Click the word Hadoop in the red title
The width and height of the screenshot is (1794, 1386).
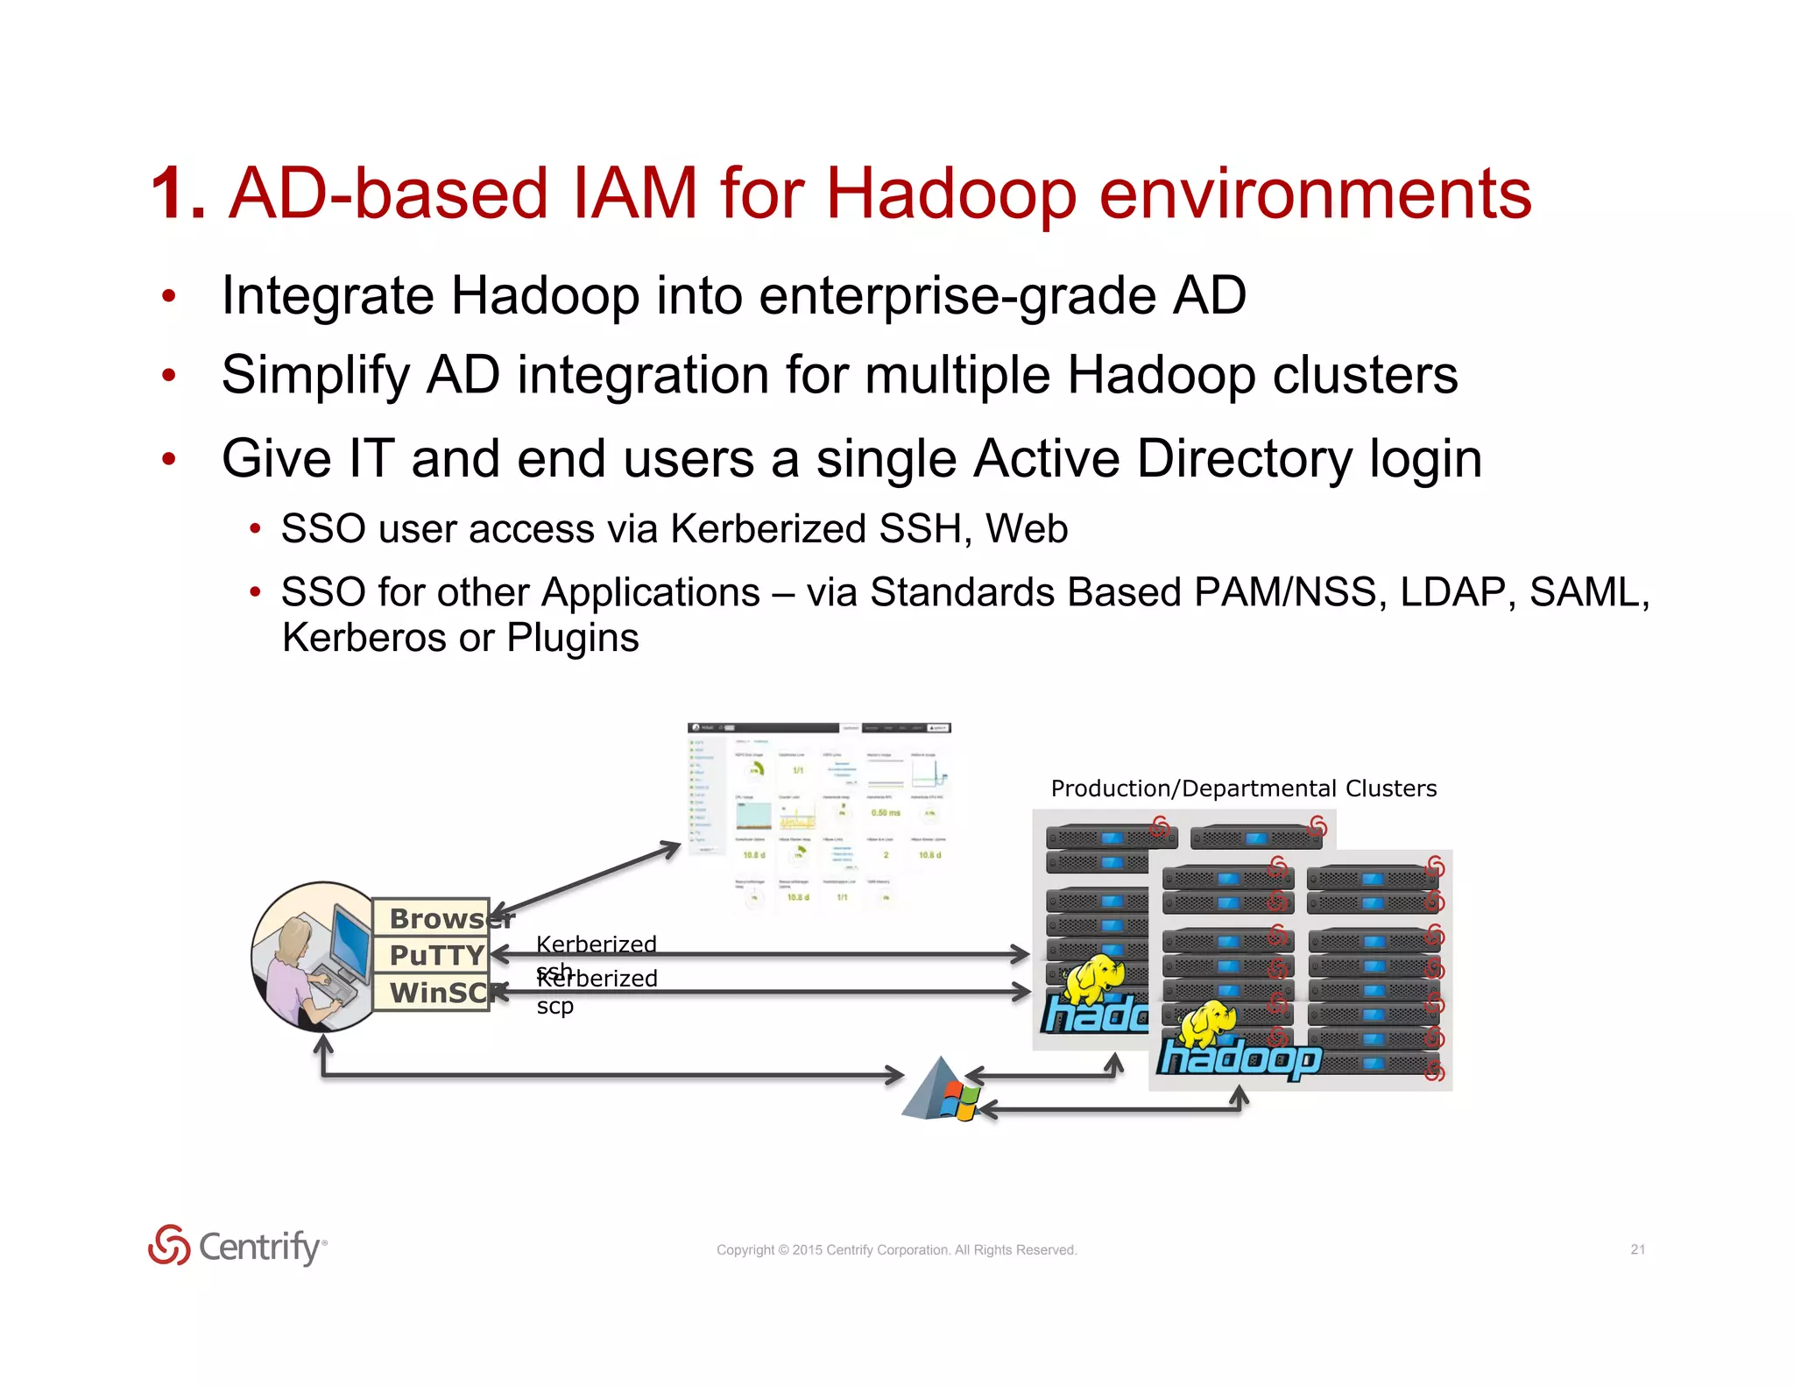[x=950, y=194]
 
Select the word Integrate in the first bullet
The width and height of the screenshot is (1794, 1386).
[x=327, y=296]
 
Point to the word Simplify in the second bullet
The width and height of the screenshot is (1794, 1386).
[x=315, y=376]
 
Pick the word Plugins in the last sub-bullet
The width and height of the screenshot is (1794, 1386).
[x=573, y=638]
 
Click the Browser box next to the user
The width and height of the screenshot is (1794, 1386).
[x=431, y=918]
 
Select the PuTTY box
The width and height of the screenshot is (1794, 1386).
[x=431, y=955]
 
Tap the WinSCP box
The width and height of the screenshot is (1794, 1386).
[x=431, y=993]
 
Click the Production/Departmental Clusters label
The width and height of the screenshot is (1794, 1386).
[x=1243, y=788]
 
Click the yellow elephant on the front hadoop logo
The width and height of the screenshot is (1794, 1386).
[x=1208, y=1022]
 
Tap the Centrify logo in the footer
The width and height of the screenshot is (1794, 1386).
[x=237, y=1246]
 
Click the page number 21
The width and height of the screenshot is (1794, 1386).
[x=1637, y=1249]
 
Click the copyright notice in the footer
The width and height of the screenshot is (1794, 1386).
[x=896, y=1250]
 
